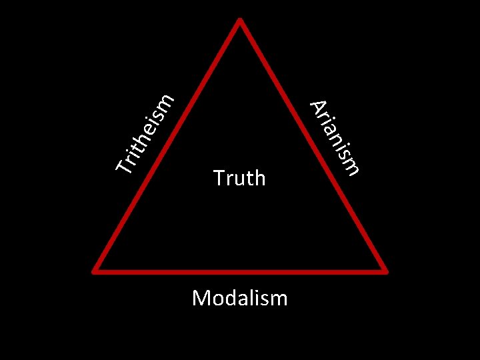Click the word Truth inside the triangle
coord(239,178)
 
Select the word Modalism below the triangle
coord(239,297)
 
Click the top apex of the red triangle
coord(240,19)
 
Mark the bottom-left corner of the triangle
coord(95,270)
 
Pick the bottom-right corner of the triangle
coord(385,270)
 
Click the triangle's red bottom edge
coord(240,271)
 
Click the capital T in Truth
coord(219,178)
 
